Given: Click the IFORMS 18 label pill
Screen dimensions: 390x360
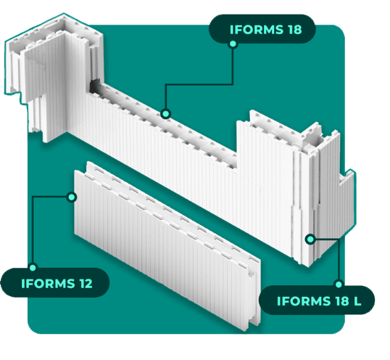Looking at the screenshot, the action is tap(262, 29).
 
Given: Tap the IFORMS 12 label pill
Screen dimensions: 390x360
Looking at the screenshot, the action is tap(55, 283).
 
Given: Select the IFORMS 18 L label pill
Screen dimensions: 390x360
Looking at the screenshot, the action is tap(317, 300).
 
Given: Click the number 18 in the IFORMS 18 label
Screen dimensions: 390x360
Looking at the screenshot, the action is tap(295, 29).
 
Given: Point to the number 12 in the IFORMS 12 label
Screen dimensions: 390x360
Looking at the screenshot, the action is tap(86, 284).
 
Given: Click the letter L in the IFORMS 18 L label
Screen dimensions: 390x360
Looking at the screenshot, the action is tap(357, 301).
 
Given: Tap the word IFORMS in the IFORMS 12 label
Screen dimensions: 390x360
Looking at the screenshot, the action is tap(48, 284).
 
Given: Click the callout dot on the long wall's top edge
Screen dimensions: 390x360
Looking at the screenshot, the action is tap(165, 114).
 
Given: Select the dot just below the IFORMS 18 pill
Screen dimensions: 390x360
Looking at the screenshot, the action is tap(233, 44).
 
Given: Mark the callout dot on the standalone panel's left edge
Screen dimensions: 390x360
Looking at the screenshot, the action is tap(72, 197).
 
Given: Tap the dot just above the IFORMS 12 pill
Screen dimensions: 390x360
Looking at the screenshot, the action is tap(33, 267).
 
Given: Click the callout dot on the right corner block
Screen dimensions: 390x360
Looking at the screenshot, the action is tap(310, 240).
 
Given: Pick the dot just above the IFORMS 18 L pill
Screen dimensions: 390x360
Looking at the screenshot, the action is tap(339, 284).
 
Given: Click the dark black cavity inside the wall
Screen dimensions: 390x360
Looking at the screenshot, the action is tap(95, 86).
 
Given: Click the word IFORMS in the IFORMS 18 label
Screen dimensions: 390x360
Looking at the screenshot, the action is tap(257, 29).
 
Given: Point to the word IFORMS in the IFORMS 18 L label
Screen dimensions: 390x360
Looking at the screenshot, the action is tap(304, 301).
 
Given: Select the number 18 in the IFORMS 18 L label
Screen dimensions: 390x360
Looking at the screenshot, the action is tap(342, 301).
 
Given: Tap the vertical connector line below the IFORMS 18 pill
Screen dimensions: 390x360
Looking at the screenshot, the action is tap(233, 66).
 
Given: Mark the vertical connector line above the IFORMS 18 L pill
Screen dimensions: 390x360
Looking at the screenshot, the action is tap(339, 260).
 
